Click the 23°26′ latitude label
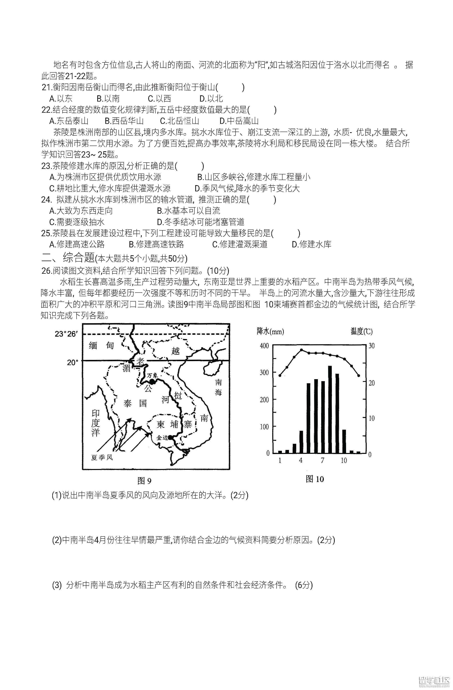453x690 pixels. (x=66, y=334)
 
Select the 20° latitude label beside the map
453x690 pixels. (x=73, y=362)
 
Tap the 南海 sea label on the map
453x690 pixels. (x=218, y=387)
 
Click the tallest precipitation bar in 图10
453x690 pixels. (x=330, y=409)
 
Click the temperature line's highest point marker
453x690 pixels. (x=301, y=350)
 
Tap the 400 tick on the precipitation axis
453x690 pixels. (x=264, y=346)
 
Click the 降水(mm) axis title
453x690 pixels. (x=270, y=331)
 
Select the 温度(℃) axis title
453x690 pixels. (x=361, y=331)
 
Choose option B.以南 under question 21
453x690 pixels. (x=108, y=99)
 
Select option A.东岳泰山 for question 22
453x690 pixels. (x=69, y=121)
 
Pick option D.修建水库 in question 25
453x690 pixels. (x=311, y=244)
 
